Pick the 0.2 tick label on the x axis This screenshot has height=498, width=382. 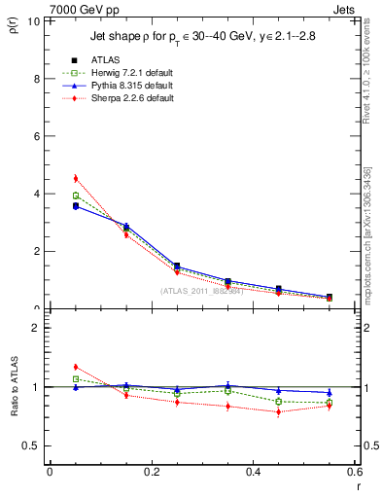151,473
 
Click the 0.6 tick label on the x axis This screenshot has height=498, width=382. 355,473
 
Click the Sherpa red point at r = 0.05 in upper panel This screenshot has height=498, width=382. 75,178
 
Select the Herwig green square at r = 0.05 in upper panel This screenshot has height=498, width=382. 75,196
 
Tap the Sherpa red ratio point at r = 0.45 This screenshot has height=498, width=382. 279,411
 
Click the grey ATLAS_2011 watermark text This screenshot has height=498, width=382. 205,290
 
